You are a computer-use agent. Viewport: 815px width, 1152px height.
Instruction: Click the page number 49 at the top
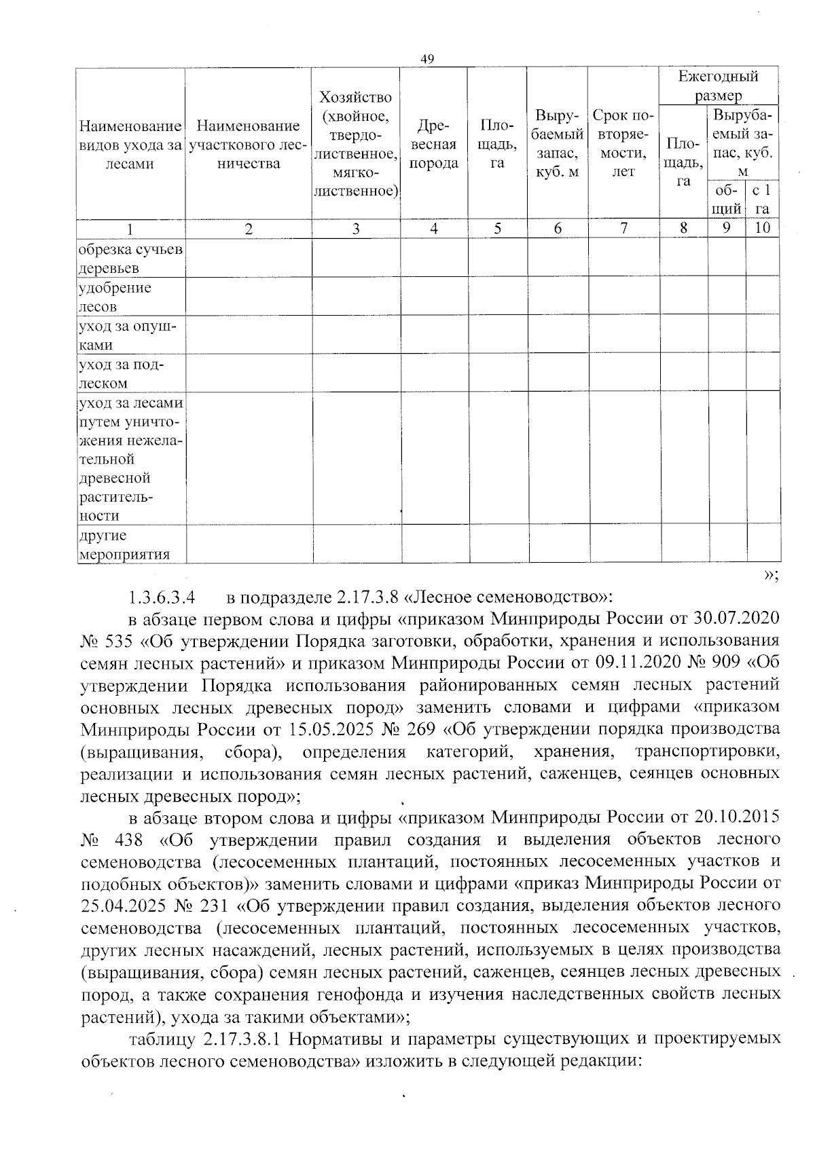[x=427, y=59]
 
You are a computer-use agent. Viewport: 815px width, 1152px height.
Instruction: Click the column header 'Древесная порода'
[x=433, y=145]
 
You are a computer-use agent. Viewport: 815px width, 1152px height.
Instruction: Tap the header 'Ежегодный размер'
[x=718, y=86]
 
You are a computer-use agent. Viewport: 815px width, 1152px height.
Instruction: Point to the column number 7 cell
[x=623, y=229]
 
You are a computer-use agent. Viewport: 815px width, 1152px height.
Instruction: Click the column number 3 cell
[x=355, y=229]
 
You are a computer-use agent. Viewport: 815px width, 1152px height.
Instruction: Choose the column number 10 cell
[x=762, y=228]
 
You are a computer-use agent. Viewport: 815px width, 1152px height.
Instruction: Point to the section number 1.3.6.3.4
[x=162, y=598]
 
